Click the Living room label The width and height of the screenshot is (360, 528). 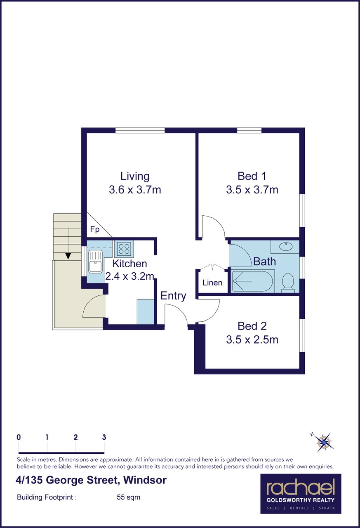pos(135,176)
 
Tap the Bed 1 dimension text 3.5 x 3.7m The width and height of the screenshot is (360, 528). pos(252,190)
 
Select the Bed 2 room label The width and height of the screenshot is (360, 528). pos(252,326)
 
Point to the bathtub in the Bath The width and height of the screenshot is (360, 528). pos(252,281)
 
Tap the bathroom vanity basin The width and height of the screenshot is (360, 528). pos(286,247)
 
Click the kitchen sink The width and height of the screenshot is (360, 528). pos(95,262)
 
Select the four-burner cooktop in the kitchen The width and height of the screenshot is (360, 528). pos(124,249)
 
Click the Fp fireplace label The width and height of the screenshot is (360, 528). pos(95,229)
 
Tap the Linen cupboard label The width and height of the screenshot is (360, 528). pos(212,283)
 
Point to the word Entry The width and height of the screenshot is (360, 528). pos(173,296)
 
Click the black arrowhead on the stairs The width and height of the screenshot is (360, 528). pos(68,256)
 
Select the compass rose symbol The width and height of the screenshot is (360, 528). pos(323,442)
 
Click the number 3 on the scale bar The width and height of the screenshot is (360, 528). pos(104,437)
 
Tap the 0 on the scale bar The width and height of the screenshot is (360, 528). pos(19,437)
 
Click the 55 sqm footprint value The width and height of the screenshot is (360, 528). pos(128,497)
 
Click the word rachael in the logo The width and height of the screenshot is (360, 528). pos(301,488)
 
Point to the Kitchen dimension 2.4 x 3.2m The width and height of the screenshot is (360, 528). pos(130,276)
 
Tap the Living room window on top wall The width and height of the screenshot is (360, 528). pos(140,130)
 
